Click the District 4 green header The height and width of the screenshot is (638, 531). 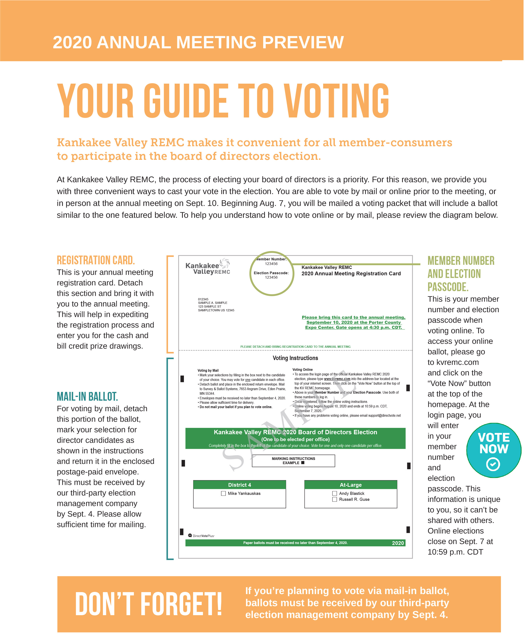[x=240, y=485]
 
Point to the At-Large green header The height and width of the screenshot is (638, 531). [x=351, y=485]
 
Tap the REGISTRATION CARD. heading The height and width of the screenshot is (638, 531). [x=96, y=260]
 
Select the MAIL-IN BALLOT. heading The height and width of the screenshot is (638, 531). [x=87, y=396]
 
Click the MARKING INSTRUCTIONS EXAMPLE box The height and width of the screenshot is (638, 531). [x=293, y=461]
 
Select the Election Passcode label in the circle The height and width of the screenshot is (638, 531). [x=271, y=273]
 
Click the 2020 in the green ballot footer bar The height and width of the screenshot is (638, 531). [x=398, y=543]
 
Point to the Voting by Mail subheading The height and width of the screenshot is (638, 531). [x=208, y=370]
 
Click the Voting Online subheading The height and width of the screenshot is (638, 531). [x=302, y=369]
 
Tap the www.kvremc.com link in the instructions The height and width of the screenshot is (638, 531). [x=337, y=379]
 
